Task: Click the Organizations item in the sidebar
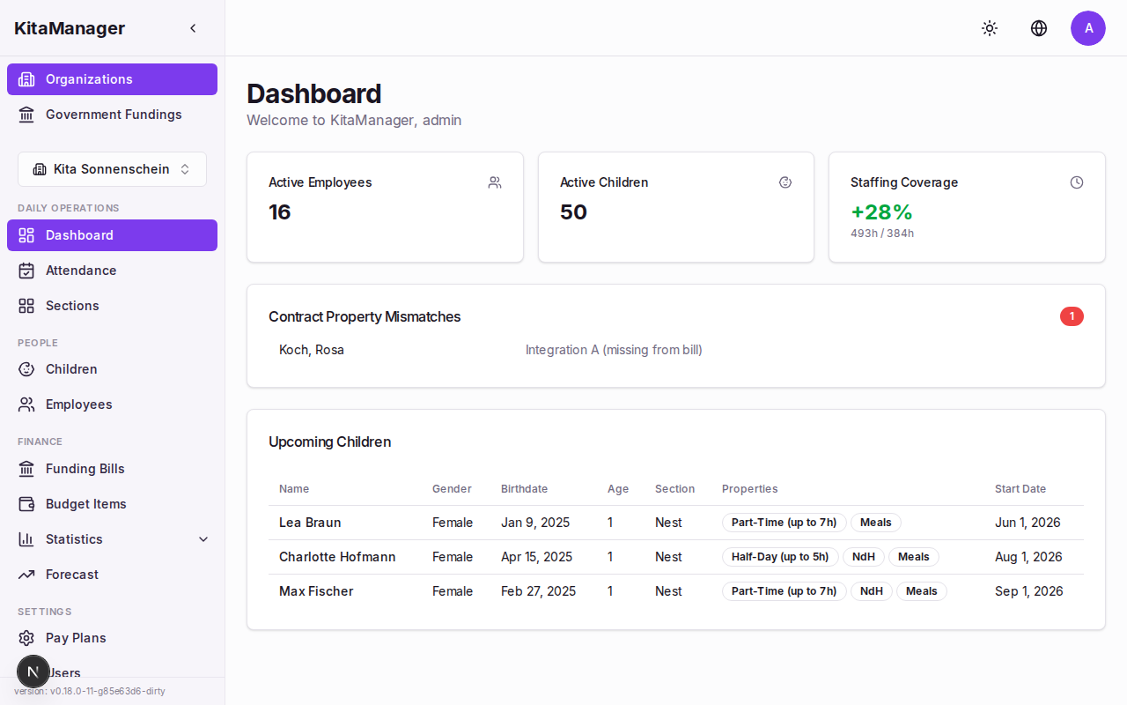pos(112,79)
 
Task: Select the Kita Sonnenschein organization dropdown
pos(112,169)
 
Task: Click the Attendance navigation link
pos(81,271)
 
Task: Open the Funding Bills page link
pos(85,469)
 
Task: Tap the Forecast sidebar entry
pos(72,575)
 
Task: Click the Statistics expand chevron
pos(203,539)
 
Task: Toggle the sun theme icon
pos(990,28)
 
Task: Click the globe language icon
pos(1039,28)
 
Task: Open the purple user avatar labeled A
pos(1088,28)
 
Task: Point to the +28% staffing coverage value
pos(881,212)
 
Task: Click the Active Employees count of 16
pos(280,212)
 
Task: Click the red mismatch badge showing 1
pos(1072,316)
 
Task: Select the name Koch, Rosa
pos(312,350)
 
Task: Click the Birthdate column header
pos(524,489)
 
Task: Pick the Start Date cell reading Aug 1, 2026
pos(1028,557)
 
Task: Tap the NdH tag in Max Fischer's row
pos(871,591)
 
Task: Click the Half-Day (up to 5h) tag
pos(780,557)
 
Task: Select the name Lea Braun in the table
pos(310,523)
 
